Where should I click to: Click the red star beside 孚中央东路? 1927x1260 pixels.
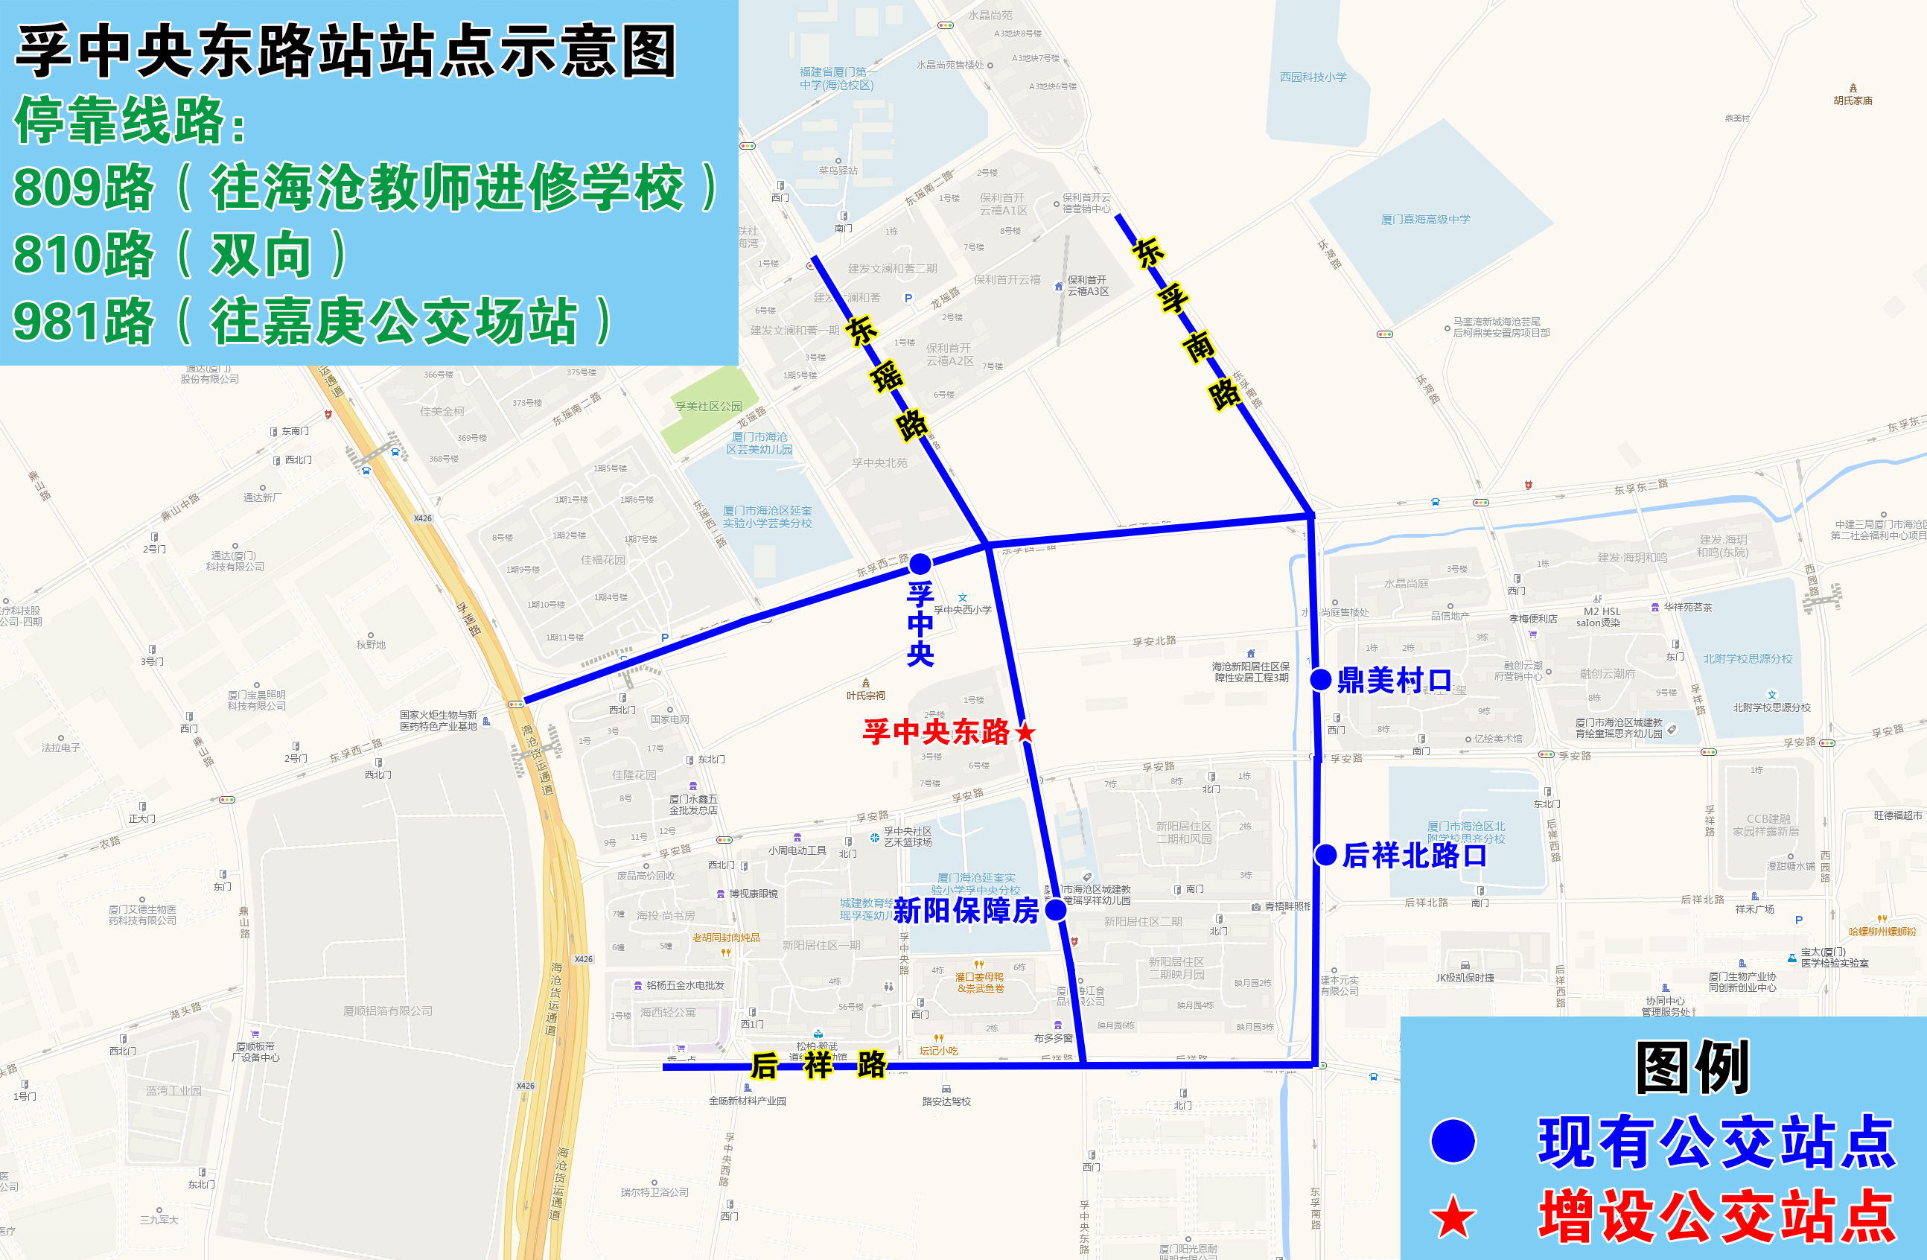click(1025, 732)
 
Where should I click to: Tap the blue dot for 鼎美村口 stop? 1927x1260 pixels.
click(1321, 679)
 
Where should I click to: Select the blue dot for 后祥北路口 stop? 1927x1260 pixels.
click(1325, 854)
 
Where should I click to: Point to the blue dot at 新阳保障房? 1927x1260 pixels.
click(1056, 910)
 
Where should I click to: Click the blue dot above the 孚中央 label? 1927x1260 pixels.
click(920, 563)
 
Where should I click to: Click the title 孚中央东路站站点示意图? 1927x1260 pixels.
click(346, 51)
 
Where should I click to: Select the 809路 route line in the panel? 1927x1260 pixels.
click(364, 187)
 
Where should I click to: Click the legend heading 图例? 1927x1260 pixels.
click(1692, 1067)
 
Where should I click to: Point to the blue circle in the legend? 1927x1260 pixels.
click(1453, 1141)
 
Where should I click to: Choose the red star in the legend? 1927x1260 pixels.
click(1453, 1217)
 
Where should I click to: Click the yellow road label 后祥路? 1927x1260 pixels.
click(818, 1066)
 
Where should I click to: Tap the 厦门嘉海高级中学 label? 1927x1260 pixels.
click(1425, 220)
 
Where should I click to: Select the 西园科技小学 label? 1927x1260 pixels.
click(1313, 77)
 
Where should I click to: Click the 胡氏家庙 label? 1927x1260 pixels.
click(1853, 101)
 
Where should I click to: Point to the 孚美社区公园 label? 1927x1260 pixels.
click(708, 407)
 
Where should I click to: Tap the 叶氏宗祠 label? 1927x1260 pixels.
click(865, 695)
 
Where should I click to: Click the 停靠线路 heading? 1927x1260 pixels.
click(130, 121)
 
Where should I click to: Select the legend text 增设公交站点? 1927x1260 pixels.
click(1716, 1215)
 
